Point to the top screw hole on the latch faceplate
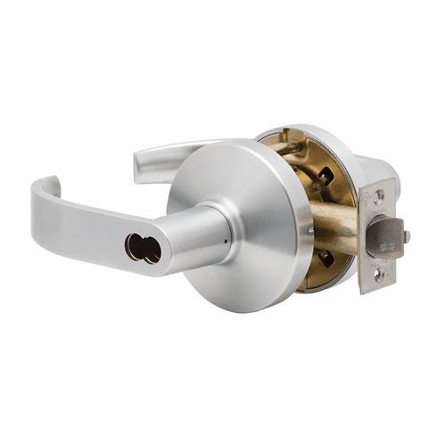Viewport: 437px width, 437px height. click(380, 194)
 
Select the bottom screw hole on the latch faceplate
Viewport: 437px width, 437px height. click(381, 274)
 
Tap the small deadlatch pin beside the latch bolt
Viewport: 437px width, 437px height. click(407, 236)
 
